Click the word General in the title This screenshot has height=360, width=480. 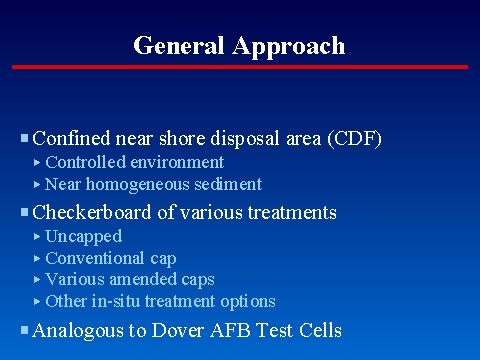coord(176,46)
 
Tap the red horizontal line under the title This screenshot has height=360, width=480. coord(240,67)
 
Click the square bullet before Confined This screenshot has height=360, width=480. coord(25,138)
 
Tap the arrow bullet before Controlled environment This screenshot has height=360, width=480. coord(37,162)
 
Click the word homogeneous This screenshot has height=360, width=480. coord(147,184)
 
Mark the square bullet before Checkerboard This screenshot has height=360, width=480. coord(25,212)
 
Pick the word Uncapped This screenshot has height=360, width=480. coord(84,236)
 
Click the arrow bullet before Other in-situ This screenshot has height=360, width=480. coord(37,301)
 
